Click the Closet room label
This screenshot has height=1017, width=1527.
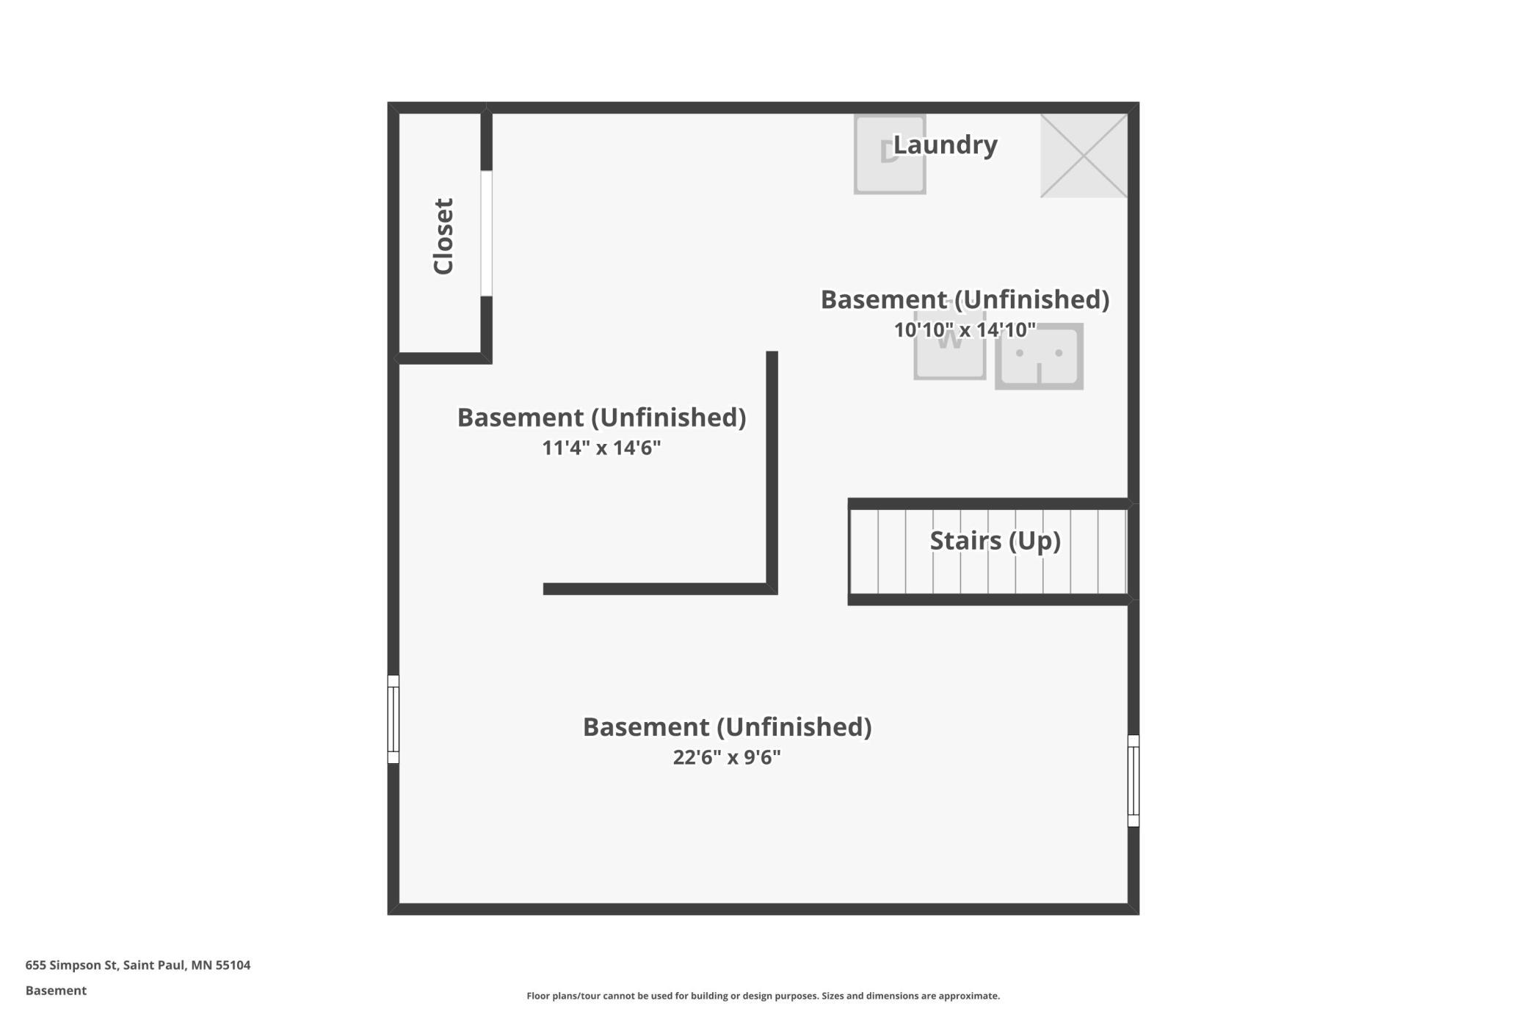pyautogui.click(x=443, y=236)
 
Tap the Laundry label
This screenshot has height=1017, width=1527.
pyautogui.click(x=945, y=145)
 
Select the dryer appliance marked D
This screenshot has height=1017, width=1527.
pyautogui.click(x=890, y=154)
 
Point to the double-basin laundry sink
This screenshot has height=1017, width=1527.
pyautogui.click(x=1039, y=356)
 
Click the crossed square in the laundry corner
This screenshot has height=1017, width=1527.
pyautogui.click(x=1084, y=156)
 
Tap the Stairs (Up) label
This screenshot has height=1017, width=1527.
pyautogui.click(x=995, y=541)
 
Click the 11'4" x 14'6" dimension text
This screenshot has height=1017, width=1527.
pyautogui.click(x=601, y=448)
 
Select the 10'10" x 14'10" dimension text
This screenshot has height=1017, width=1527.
pyautogui.click(x=965, y=329)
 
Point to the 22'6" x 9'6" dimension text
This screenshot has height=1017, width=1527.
pyautogui.click(x=727, y=757)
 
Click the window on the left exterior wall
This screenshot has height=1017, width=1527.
pyautogui.click(x=393, y=719)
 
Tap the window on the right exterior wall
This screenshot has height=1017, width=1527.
pyautogui.click(x=1134, y=781)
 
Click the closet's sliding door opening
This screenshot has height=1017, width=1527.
pyautogui.click(x=486, y=233)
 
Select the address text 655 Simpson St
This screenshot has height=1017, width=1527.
pyautogui.click(x=71, y=965)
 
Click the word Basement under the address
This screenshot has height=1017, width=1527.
pyautogui.click(x=56, y=991)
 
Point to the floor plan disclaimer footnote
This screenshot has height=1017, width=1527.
pyautogui.click(x=763, y=996)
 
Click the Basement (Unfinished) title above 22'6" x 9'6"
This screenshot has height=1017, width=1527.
pyautogui.click(x=727, y=726)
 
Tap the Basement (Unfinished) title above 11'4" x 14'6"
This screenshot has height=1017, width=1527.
pyautogui.click(x=601, y=418)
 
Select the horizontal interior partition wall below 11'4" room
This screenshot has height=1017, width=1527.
pyautogui.click(x=660, y=589)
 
